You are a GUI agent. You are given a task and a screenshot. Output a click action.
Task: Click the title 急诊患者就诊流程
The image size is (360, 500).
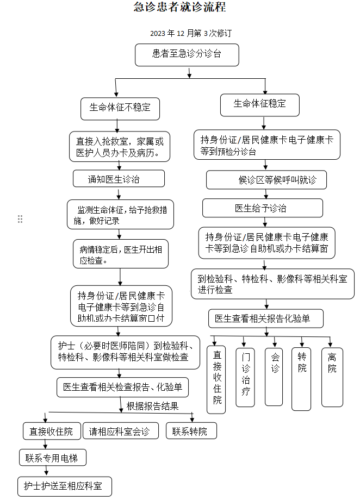point(179,7)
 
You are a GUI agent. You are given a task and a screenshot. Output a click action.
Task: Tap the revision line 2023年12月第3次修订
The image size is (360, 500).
point(191,33)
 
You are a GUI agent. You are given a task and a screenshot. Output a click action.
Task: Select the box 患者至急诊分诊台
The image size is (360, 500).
point(187,55)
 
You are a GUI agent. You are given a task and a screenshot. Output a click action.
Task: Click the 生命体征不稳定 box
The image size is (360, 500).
point(120,109)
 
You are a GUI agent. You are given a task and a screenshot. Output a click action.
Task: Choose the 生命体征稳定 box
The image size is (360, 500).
point(260,105)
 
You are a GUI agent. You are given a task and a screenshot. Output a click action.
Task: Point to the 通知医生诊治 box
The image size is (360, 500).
point(119,179)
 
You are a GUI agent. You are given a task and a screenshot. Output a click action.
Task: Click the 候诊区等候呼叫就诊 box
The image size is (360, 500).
point(266,180)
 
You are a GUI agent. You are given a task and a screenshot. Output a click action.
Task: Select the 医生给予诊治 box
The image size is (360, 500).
point(263,208)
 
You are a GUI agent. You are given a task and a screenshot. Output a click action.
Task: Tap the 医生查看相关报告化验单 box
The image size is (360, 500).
point(266,318)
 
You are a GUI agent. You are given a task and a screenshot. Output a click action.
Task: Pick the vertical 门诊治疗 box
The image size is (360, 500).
point(245,377)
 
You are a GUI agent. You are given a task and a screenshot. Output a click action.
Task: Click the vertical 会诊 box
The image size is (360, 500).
point(274,377)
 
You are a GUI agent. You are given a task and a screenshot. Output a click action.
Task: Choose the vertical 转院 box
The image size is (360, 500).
point(301,378)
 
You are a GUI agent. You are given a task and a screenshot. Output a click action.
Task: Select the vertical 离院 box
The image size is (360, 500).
point(332,377)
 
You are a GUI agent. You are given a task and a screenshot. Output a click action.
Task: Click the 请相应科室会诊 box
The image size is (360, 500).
point(121,431)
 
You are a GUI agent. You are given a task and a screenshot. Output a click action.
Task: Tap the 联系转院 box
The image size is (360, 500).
point(191,431)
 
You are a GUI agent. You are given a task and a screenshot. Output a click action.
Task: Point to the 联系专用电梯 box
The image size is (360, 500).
point(53,458)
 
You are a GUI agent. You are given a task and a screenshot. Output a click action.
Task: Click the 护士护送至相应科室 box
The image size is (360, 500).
point(65,486)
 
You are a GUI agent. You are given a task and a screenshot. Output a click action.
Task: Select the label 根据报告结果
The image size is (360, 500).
point(153,406)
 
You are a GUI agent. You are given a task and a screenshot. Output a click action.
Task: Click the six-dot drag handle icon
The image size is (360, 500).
point(20,219)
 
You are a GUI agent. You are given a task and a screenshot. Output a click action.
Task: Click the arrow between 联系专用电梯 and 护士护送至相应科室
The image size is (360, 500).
point(47,471)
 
